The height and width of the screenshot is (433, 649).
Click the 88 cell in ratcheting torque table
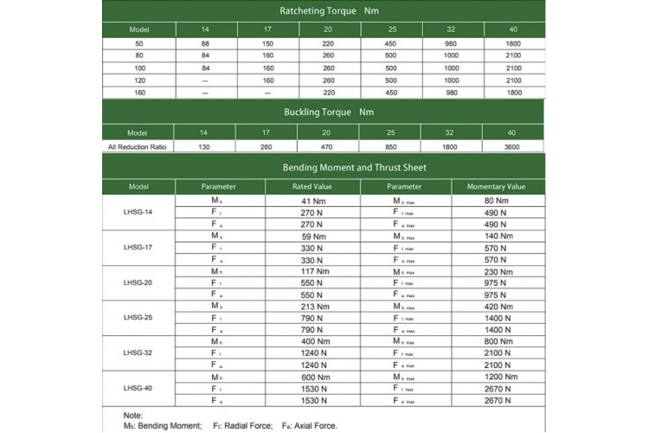pos(206,43)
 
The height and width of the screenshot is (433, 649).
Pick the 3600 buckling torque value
pos(513,147)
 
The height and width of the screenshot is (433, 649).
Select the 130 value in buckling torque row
pos(206,147)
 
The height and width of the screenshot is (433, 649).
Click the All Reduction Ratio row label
pos(138,147)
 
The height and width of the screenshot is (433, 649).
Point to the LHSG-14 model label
pos(138,211)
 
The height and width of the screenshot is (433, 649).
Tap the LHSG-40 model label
pos(138,387)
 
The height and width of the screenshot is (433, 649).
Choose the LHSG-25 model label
pos(138,317)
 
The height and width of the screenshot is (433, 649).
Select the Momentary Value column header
pos(497,186)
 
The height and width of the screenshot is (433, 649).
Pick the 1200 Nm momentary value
pos(497,376)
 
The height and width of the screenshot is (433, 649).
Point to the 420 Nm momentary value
pos(497,306)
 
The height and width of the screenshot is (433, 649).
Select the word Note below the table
pos(134,416)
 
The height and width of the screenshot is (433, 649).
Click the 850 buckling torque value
pos(390,147)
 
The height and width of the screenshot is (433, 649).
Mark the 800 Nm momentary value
pos(497,341)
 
